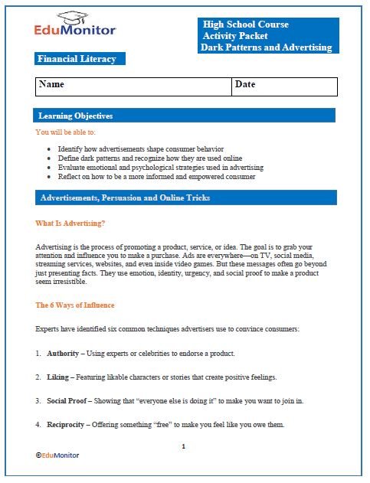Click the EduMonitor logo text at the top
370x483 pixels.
point(75,31)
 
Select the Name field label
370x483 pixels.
point(51,84)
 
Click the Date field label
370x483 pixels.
point(245,84)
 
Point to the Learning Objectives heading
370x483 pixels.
point(76,116)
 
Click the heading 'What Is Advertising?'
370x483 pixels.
point(70,224)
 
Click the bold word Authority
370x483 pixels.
point(63,354)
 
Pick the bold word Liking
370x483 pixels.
point(59,377)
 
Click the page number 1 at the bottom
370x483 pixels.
point(184,445)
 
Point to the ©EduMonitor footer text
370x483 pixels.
point(57,455)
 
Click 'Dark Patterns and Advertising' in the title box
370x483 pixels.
point(266,47)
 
